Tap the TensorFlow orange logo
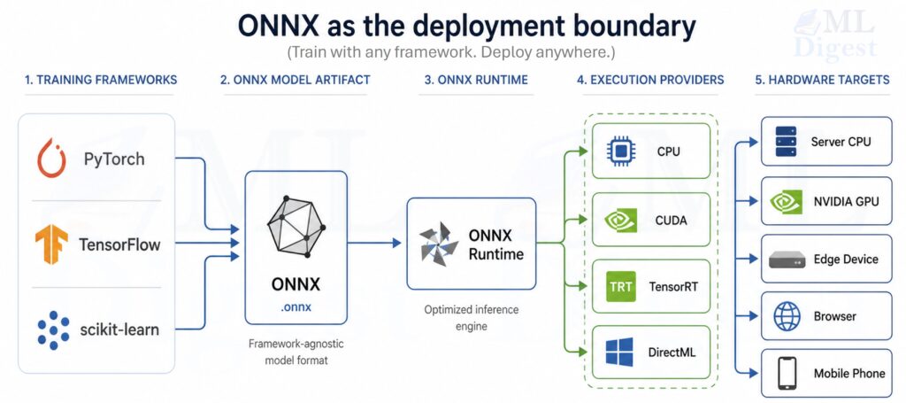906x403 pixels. point(50,243)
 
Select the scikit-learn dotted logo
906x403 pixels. point(53,329)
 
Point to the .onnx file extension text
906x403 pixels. point(296,306)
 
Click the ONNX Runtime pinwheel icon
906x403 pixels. point(440,243)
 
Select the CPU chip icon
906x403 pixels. point(621,151)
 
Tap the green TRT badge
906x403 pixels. point(621,287)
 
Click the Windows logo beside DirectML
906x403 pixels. point(620,352)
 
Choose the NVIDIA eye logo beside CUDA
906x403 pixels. point(621,220)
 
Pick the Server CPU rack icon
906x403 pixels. point(786,141)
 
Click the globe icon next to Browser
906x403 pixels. point(787,316)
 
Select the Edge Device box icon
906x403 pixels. point(787,260)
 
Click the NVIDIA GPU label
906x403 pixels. point(846,202)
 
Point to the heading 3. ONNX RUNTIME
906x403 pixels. point(476,80)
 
